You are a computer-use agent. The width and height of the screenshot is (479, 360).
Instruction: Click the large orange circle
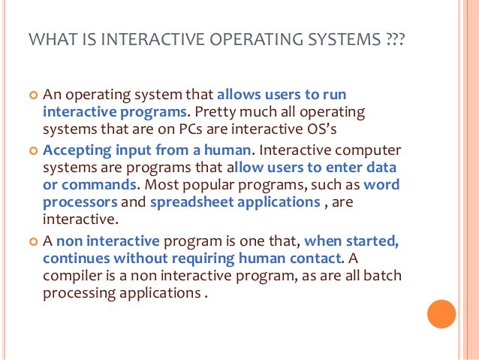tap(441, 315)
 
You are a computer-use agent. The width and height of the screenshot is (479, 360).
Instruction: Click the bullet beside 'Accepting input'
tap(32, 150)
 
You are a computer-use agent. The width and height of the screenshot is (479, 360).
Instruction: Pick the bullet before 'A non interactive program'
tap(32, 242)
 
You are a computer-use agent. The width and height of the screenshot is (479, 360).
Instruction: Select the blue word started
tap(375, 241)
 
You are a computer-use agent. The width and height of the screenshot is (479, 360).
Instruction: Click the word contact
tap(314, 259)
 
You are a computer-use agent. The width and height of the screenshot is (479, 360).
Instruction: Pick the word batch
tap(382, 276)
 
